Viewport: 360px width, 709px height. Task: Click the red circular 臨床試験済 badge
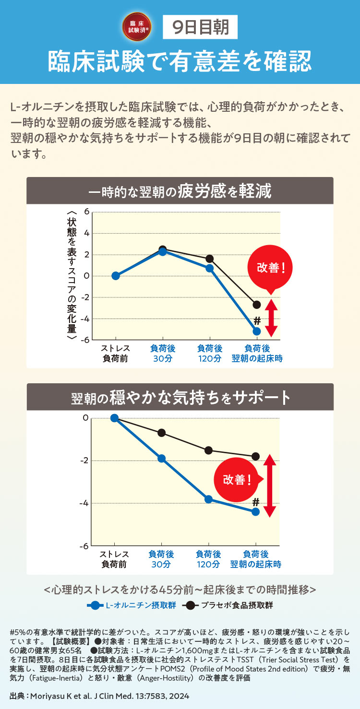point(137,26)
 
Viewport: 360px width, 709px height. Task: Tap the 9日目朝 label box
point(201,27)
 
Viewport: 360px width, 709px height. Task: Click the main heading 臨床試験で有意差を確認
point(180,61)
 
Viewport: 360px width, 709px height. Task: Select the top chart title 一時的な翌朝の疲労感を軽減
point(180,191)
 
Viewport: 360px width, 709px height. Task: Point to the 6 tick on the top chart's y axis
point(86,212)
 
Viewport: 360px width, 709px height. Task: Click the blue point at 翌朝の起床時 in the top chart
point(257,331)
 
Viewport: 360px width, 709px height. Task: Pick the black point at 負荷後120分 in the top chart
point(210,259)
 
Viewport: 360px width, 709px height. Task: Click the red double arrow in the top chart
point(271,318)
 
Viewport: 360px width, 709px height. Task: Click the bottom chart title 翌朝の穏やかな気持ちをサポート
point(180,397)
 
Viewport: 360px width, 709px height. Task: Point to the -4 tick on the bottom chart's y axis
point(84,503)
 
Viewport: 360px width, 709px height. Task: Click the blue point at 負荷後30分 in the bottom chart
point(162,459)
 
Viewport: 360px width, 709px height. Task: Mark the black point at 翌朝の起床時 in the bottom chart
point(256,456)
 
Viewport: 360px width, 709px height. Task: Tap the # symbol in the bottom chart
point(256,502)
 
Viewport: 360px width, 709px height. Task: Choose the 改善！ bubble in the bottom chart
point(237,480)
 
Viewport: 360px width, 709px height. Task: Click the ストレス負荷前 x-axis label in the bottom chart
point(114,559)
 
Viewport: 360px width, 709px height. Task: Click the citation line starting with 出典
point(99,696)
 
